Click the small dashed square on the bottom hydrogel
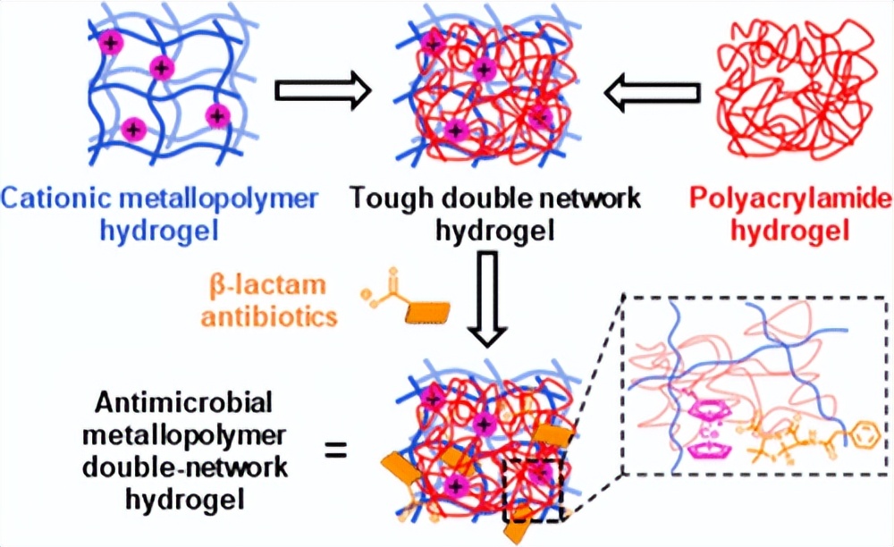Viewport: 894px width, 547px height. coord(533,488)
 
